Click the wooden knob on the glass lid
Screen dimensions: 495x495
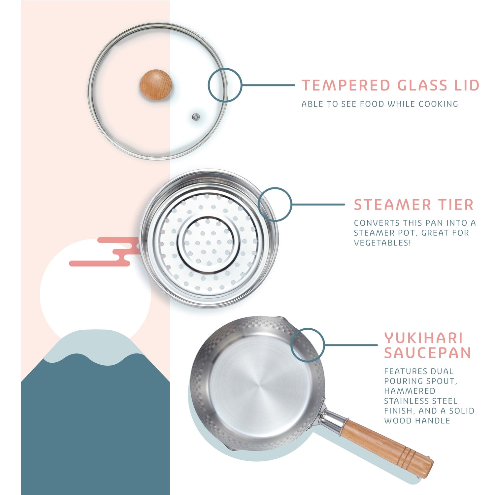pyautogui.click(x=156, y=84)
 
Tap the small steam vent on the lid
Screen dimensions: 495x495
pyautogui.click(x=196, y=116)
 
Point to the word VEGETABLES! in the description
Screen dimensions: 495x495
pyautogui.click(x=382, y=243)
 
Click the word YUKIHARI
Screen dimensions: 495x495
pyautogui.click(x=424, y=338)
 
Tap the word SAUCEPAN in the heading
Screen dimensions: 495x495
pyautogui.click(x=428, y=353)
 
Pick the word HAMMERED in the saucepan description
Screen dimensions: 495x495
pyautogui.click(x=410, y=391)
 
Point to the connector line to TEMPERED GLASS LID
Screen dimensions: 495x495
pyautogui.click(x=268, y=85)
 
